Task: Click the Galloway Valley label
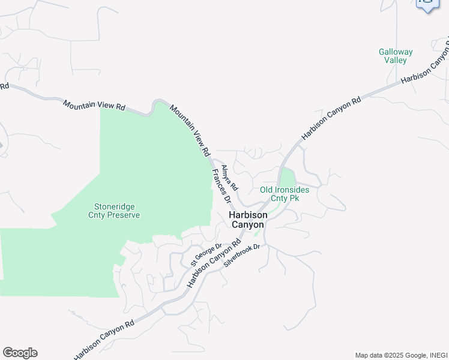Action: point(396,56)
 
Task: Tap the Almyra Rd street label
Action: point(229,177)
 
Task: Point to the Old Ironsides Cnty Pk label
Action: point(285,194)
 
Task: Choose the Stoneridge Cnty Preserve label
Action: point(114,211)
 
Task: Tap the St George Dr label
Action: point(206,255)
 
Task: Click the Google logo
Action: point(20,353)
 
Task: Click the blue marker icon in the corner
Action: point(427,5)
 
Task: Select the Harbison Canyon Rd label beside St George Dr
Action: point(214,263)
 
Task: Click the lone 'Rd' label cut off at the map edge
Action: point(4,86)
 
